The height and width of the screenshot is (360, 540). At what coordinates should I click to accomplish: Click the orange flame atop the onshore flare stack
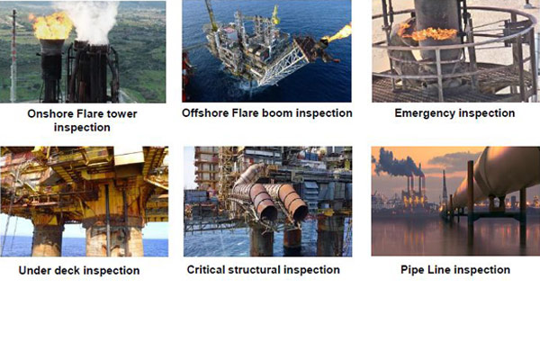click(51, 26)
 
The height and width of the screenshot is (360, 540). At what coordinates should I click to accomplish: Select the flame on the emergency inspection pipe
click(428, 33)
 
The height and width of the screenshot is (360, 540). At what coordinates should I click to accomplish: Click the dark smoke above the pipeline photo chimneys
click(396, 163)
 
